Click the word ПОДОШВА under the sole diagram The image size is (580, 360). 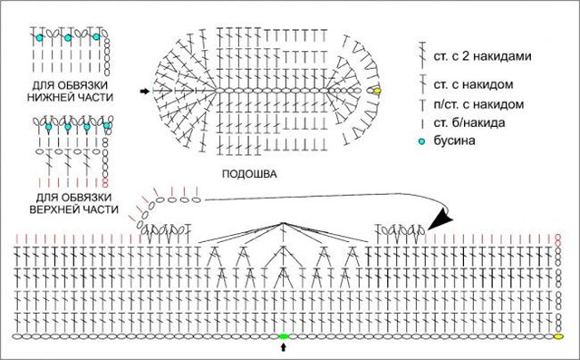point(249,173)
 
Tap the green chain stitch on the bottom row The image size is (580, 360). point(284,336)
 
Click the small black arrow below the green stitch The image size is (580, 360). point(284,347)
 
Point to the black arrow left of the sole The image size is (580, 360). point(145,91)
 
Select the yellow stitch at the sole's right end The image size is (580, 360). point(377,91)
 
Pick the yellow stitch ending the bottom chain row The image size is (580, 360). point(558,336)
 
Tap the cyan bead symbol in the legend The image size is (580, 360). point(421,141)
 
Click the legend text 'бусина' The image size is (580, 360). point(455,141)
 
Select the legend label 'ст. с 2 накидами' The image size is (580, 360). point(483,56)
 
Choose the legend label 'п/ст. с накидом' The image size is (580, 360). point(478,104)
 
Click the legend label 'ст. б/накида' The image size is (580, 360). point(469,122)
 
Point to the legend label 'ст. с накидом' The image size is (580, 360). point(473,84)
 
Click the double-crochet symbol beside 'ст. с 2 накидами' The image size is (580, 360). point(421,55)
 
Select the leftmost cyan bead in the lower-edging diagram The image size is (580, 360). point(39,38)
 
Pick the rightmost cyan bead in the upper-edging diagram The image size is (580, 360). point(107,126)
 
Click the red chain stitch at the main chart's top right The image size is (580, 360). point(558,240)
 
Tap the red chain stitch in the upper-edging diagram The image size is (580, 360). point(105,183)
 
